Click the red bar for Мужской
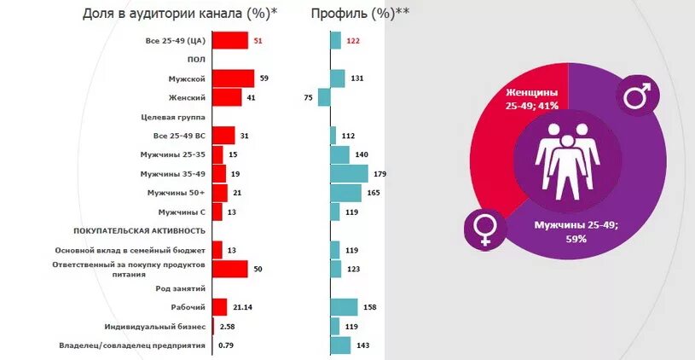[x=232, y=78]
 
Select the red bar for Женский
[x=226, y=97]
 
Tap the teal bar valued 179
[x=349, y=173]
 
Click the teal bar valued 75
[x=324, y=97]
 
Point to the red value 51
[x=258, y=40]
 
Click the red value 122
[x=353, y=40]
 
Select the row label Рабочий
[x=188, y=307]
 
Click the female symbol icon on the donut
[x=484, y=229]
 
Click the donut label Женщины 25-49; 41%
[x=531, y=98]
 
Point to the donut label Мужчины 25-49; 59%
[x=576, y=232]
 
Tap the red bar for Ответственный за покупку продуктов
[x=229, y=269]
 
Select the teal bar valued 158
[x=344, y=307]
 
